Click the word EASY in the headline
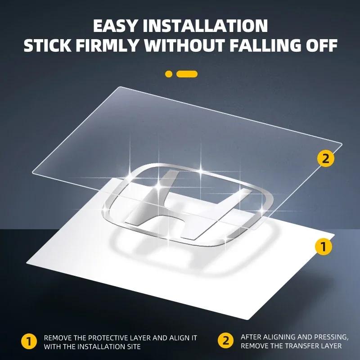(115, 26)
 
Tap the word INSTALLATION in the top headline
(205, 26)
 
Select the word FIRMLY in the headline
(107, 45)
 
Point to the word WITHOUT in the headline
(184, 45)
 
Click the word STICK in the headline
(47, 45)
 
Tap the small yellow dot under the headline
(169, 74)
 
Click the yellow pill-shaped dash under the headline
(187, 74)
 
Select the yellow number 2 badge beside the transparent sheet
(326, 158)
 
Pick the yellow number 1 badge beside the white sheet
(324, 247)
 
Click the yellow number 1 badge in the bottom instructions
(29, 342)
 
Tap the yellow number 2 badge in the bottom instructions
(226, 341)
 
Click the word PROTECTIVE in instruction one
(108, 338)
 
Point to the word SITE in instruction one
(133, 346)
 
